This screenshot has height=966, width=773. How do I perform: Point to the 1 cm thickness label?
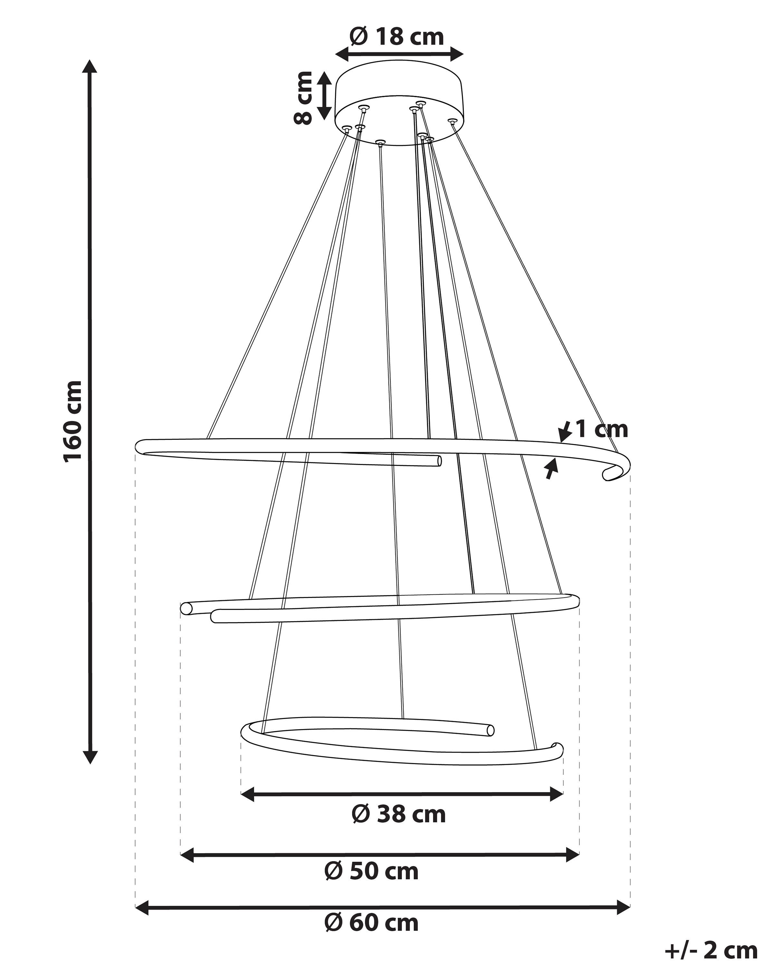coord(601,429)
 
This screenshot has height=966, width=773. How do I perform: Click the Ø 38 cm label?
coord(398,814)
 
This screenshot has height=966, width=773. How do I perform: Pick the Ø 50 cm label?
coord(371,871)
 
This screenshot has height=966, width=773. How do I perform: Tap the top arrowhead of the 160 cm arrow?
coord(90,66)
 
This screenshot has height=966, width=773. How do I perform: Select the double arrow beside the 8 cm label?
coord(324,96)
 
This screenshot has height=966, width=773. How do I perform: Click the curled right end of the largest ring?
coord(616,470)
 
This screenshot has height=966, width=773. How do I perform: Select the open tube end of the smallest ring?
coord(490,730)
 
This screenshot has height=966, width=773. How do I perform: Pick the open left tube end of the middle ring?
coord(186,609)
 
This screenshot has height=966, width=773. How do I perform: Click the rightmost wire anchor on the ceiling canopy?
coord(452,121)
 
